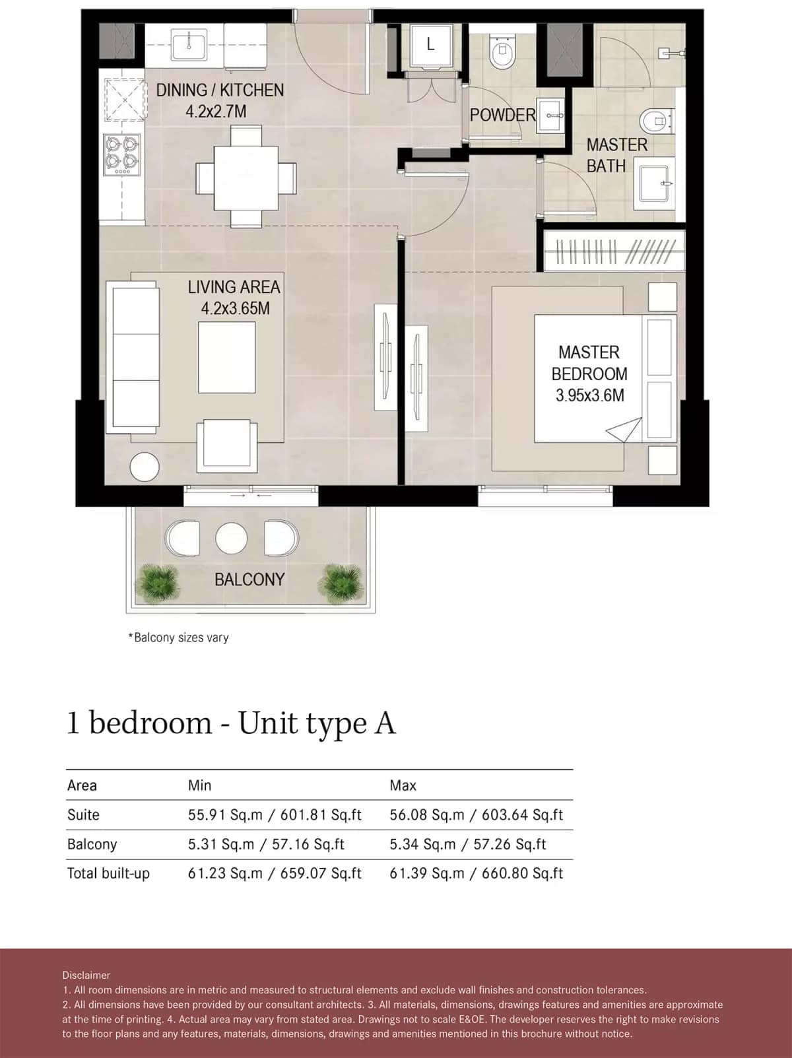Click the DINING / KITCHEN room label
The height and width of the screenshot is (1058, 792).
(220, 90)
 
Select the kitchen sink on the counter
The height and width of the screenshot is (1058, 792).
(190, 44)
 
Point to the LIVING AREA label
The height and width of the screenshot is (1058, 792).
(234, 287)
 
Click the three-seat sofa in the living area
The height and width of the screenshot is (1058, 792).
(135, 356)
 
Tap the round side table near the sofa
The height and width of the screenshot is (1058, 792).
(145, 467)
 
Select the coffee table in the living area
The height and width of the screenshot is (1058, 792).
(226, 357)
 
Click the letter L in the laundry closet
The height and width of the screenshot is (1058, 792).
(430, 45)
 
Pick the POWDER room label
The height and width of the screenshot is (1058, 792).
(502, 115)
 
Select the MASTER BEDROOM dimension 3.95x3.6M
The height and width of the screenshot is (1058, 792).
(589, 396)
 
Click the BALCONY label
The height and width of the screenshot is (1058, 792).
(249, 579)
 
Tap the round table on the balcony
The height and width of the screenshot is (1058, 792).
(231, 538)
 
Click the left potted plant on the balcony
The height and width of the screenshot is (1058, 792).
(157, 583)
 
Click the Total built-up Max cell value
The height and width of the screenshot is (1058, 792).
(476, 874)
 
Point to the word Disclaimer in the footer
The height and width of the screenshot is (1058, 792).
(86, 975)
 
